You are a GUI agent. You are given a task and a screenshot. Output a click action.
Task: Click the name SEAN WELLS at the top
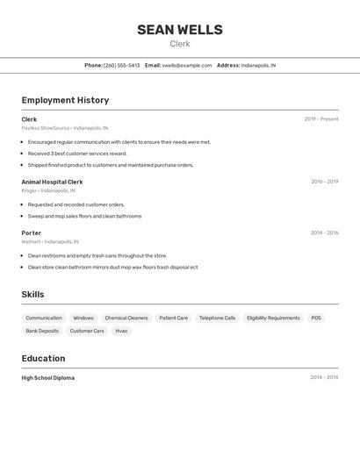pos(179,30)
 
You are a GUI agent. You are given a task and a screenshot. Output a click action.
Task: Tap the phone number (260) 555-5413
pos(121,65)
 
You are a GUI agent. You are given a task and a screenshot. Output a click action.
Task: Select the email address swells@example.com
pos(187,65)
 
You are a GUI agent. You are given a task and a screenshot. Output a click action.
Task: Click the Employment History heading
pos(65,100)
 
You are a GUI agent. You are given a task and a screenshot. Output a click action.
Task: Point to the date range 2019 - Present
pos(320,119)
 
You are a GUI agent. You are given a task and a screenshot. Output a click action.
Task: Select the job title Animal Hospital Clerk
pos(52,182)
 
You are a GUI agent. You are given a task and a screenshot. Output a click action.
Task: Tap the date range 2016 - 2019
pos(324,182)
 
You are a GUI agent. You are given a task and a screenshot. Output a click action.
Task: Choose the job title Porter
pos(32,232)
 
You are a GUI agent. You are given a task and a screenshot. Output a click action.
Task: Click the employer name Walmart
pos(31,241)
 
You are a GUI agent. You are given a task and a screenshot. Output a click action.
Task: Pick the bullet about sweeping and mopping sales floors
pos(84,216)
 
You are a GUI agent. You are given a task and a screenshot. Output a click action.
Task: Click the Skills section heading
pos(32,295)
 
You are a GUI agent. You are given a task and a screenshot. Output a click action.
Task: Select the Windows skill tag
pos(83,318)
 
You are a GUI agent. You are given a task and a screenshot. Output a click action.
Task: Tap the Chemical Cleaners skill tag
pos(126,318)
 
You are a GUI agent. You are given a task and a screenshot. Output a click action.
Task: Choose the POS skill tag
pos(316,318)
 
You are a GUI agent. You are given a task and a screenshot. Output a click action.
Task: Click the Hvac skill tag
pos(121,331)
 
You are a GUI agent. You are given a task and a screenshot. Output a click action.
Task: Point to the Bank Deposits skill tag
pos(42,331)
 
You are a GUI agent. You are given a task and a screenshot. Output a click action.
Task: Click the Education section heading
pos(43,358)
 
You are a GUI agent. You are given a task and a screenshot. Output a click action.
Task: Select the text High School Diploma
pos(48,378)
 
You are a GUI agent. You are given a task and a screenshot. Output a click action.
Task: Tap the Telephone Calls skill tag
pos(217,318)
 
